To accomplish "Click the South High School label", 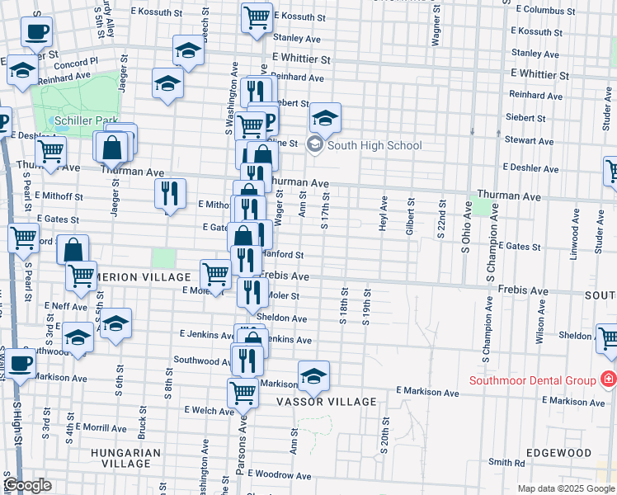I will [374, 146].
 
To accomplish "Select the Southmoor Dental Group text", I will [532, 380].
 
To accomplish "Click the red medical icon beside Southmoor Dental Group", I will [609, 379].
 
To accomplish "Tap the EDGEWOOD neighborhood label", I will [563, 453].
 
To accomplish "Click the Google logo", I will [27, 485].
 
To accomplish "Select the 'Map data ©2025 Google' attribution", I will [565, 488].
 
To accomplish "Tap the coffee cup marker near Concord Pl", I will [35, 32].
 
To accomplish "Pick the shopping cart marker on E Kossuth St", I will [257, 16].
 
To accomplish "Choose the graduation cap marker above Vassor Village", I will [313, 377].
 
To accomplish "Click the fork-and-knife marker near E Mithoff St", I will [169, 194].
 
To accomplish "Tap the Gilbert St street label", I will [409, 217].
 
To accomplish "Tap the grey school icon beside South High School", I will [314, 145].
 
